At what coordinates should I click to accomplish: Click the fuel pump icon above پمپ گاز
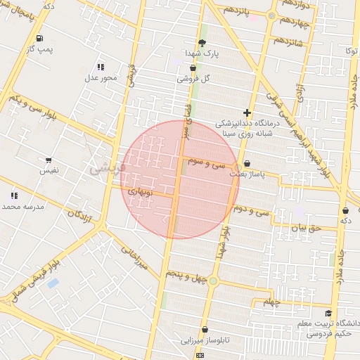[38, 38]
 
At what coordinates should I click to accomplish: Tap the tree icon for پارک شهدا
[202, 43]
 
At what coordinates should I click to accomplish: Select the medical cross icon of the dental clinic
[247, 112]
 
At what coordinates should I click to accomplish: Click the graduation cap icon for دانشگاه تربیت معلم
[328, 314]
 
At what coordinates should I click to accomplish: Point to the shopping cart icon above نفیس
[48, 160]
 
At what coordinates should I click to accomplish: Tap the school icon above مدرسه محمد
[13, 195]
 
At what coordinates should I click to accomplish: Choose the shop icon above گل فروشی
[193, 68]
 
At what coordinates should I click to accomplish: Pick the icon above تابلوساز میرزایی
[205, 329]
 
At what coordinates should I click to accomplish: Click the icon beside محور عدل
[100, 67]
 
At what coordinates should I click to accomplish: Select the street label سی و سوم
[207, 162]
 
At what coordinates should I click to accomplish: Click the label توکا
[351, 51]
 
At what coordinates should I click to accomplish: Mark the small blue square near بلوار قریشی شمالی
[53, 283]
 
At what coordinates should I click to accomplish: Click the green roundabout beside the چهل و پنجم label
[213, 282]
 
